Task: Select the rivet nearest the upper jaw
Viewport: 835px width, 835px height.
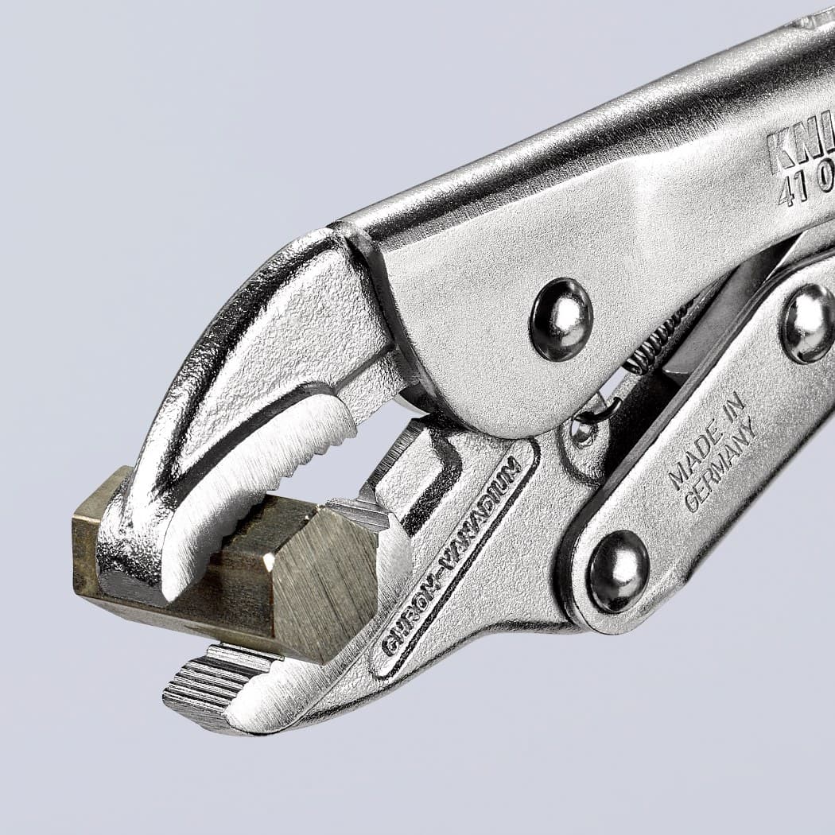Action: pyautogui.click(x=561, y=318)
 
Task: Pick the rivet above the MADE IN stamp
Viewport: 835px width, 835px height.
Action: pyautogui.click(x=807, y=322)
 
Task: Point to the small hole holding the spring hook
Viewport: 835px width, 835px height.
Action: pyautogui.click(x=584, y=431)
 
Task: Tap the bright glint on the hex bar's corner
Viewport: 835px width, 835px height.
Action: pyautogui.click(x=269, y=562)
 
